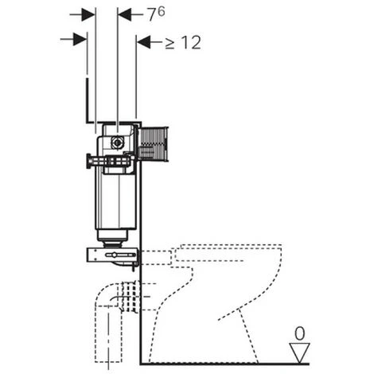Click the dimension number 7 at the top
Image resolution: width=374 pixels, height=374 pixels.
click(152, 15)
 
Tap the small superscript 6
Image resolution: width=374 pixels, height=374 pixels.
click(162, 11)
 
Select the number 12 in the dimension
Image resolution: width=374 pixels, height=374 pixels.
click(192, 42)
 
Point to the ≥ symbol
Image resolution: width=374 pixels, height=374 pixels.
click(169, 44)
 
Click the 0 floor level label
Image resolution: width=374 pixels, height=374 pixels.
click(300, 333)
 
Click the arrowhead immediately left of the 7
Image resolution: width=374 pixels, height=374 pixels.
click(125, 14)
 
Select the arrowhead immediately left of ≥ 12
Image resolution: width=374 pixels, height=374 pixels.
click(143, 42)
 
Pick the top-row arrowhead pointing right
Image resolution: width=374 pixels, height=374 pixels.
click(88, 14)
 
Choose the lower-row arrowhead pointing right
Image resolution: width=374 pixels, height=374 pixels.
click(80, 39)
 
